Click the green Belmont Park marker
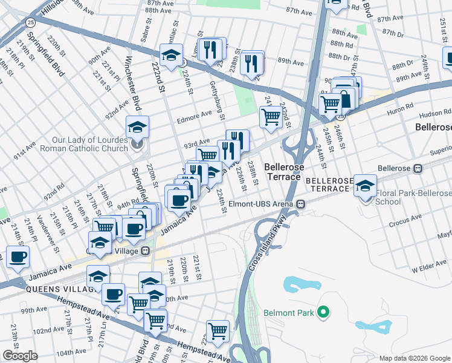(324, 312)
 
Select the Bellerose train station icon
(417, 168)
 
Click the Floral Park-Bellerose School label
(413, 197)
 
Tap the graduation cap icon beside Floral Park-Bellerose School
(365, 186)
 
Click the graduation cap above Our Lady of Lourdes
(137, 128)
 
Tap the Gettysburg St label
(217, 100)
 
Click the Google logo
(20, 356)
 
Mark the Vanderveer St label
(43, 226)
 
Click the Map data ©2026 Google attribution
(414, 358)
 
